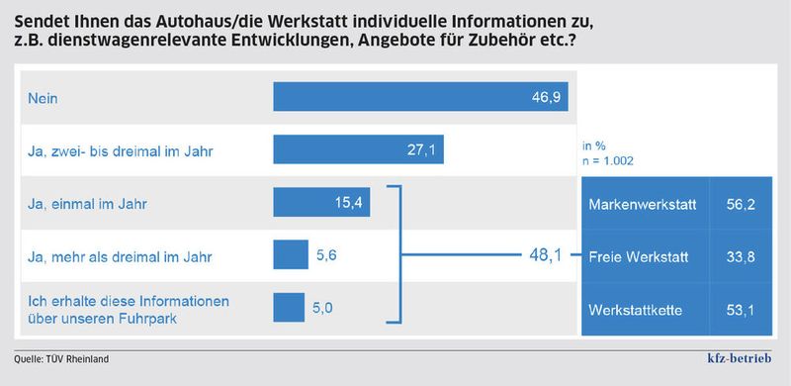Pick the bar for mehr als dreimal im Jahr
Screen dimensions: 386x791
point(291,255)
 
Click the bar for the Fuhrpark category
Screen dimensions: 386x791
point(289,308)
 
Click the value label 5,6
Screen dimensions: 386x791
point(326,255)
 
